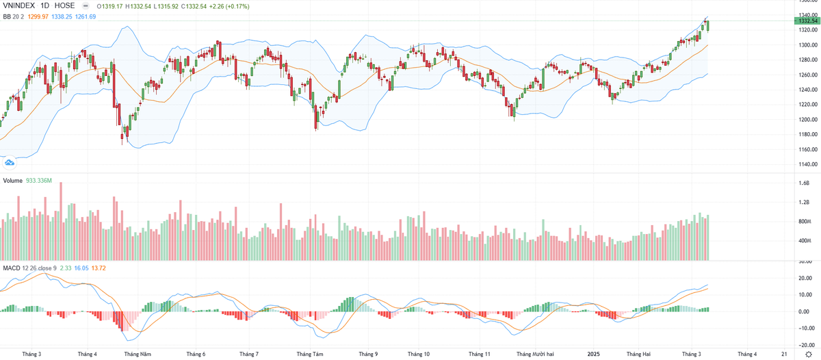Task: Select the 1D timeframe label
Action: point(49,5)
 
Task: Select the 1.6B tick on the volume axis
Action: point(804,183)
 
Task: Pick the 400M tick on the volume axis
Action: point(804,241)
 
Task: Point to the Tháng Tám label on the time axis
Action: point(309,354)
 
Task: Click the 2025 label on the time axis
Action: point(594,354)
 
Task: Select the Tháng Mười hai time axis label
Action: point(535,354)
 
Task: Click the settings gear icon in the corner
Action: point(807,354)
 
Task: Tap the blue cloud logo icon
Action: point(10,163)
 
